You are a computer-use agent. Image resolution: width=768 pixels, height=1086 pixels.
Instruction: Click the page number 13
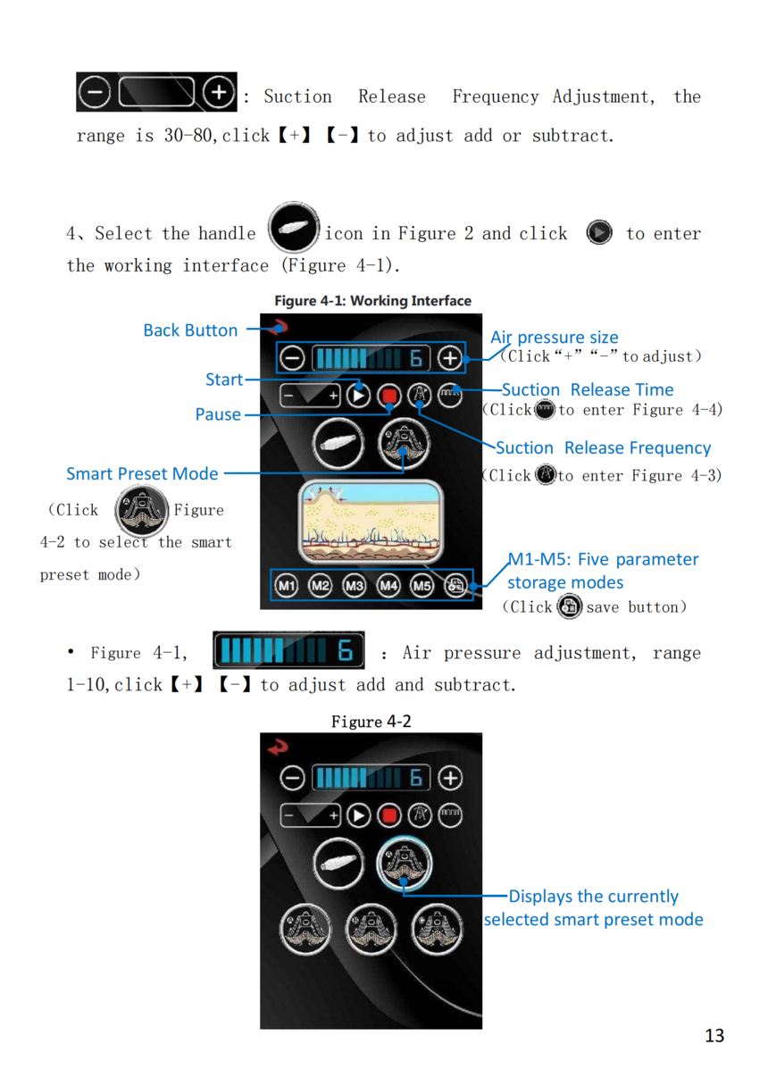(714, 1035)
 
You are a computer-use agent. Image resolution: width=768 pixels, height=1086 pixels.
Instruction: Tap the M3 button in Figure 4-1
(355, 586)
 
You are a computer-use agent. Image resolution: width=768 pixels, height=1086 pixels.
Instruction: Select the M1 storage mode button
(287, 586)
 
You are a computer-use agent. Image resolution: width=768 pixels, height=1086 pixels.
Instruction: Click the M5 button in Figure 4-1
(422, 586)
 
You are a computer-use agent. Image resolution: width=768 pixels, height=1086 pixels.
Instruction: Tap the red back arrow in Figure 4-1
(280, 327)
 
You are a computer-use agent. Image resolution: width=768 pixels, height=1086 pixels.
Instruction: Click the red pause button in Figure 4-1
(389, 397)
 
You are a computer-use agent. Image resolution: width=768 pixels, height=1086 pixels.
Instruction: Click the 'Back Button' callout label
(190, 330)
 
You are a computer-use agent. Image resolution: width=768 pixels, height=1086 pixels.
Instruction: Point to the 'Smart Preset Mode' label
(142, 473)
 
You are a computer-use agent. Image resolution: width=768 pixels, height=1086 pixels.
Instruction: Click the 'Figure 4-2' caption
(371, 722)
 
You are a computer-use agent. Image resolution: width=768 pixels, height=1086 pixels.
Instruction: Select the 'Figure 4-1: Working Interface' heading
(373, 301)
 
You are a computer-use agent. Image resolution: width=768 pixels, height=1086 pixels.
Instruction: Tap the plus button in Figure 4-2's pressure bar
(450, 778)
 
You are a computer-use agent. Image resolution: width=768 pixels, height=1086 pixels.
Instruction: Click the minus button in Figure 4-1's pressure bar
(292, 358)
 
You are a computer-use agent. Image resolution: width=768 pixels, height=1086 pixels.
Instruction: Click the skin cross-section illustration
(371, 522)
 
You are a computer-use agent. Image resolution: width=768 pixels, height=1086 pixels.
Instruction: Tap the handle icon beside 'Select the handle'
(294, 228)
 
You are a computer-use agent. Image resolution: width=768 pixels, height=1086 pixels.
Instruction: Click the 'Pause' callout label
(218, 414)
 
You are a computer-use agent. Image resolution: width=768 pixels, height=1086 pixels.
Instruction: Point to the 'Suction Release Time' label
(588, 389)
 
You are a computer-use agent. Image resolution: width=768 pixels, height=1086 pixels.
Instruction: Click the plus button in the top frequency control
(219, 92)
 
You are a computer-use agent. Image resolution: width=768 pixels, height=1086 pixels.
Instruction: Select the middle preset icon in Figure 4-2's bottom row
(371, 930)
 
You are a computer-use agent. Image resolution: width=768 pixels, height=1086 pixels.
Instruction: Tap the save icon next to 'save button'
(569, 606)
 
